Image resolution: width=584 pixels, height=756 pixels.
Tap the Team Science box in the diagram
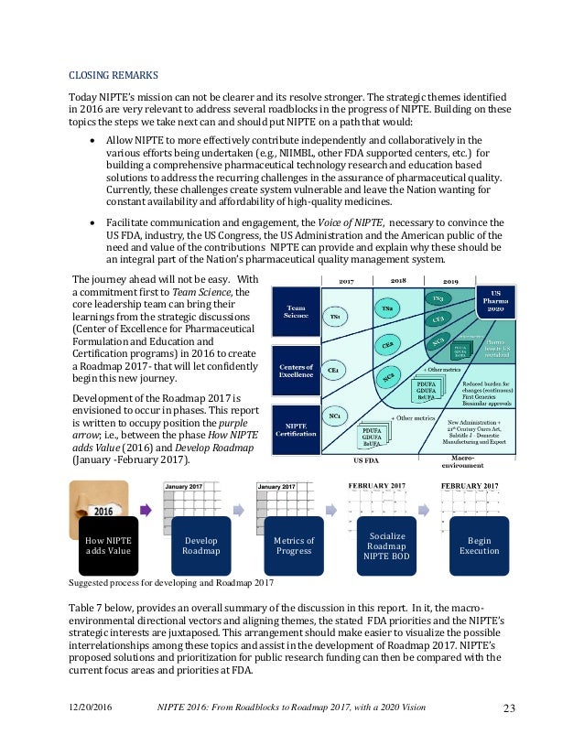(x=297, y=313)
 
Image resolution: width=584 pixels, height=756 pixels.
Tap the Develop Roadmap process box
(x=200, y=545)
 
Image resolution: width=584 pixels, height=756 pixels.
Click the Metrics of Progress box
(x=295, y=545)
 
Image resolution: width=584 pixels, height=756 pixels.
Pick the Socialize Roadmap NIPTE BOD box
(x=387, y=545)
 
